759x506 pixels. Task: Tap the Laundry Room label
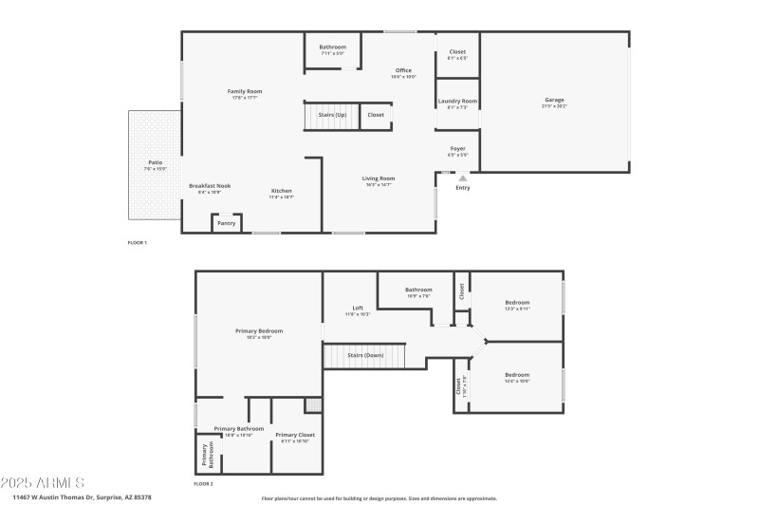click(x=457, y=101)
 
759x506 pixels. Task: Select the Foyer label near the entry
click(x=457, y=149)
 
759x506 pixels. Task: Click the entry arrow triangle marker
click(x=463, y=177)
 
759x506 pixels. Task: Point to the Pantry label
click(x=226, y=223)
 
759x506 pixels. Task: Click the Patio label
click(x=154, y=162)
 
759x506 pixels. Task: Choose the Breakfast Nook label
click(x=209, y=186)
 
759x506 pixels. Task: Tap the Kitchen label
click(x=282, y=191)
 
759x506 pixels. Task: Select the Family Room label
click(x=243, y=91)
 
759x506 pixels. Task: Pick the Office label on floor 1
click(x=403, y=70)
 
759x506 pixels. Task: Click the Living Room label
click(x=379, y=178)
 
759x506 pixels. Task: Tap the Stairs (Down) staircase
click(x=364, y=355)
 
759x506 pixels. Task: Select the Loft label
click(x=358, y=308)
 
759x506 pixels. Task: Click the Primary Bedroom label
click(x=259, y=331)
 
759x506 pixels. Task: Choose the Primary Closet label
click(x=295, y=435)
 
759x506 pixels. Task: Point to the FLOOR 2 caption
click(x=203, y=484)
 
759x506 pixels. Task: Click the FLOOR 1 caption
click(x=138, y=243)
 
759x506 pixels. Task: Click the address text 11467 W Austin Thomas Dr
click(x=57, y=497)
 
